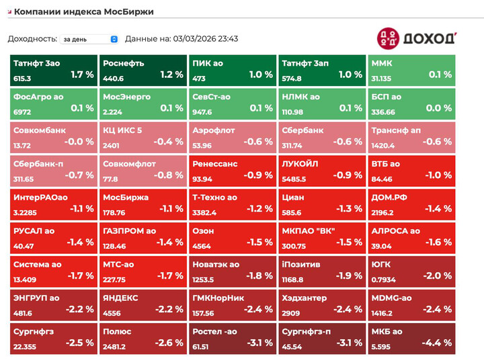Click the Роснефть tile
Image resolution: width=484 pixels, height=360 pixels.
143,70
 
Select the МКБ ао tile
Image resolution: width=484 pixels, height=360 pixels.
411,338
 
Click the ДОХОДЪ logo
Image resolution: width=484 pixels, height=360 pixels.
416,38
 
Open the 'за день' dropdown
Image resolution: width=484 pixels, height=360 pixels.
89,39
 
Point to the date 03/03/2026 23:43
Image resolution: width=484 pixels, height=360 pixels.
205,39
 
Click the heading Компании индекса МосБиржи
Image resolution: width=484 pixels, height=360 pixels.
83,11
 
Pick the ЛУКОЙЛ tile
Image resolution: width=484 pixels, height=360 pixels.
322,170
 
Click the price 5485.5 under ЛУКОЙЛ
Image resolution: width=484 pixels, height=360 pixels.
294,179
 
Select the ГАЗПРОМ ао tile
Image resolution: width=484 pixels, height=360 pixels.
143,237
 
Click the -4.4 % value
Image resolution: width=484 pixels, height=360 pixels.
437,343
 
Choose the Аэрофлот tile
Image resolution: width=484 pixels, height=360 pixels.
232,136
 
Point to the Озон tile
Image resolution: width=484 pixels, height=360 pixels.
232,237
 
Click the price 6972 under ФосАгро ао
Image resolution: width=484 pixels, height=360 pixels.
22,112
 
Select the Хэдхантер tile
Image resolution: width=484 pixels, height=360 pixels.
322,304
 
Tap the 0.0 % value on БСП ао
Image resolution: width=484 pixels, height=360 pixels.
439,108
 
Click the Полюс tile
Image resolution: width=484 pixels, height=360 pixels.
143,338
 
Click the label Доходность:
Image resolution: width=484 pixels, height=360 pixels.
32,39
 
